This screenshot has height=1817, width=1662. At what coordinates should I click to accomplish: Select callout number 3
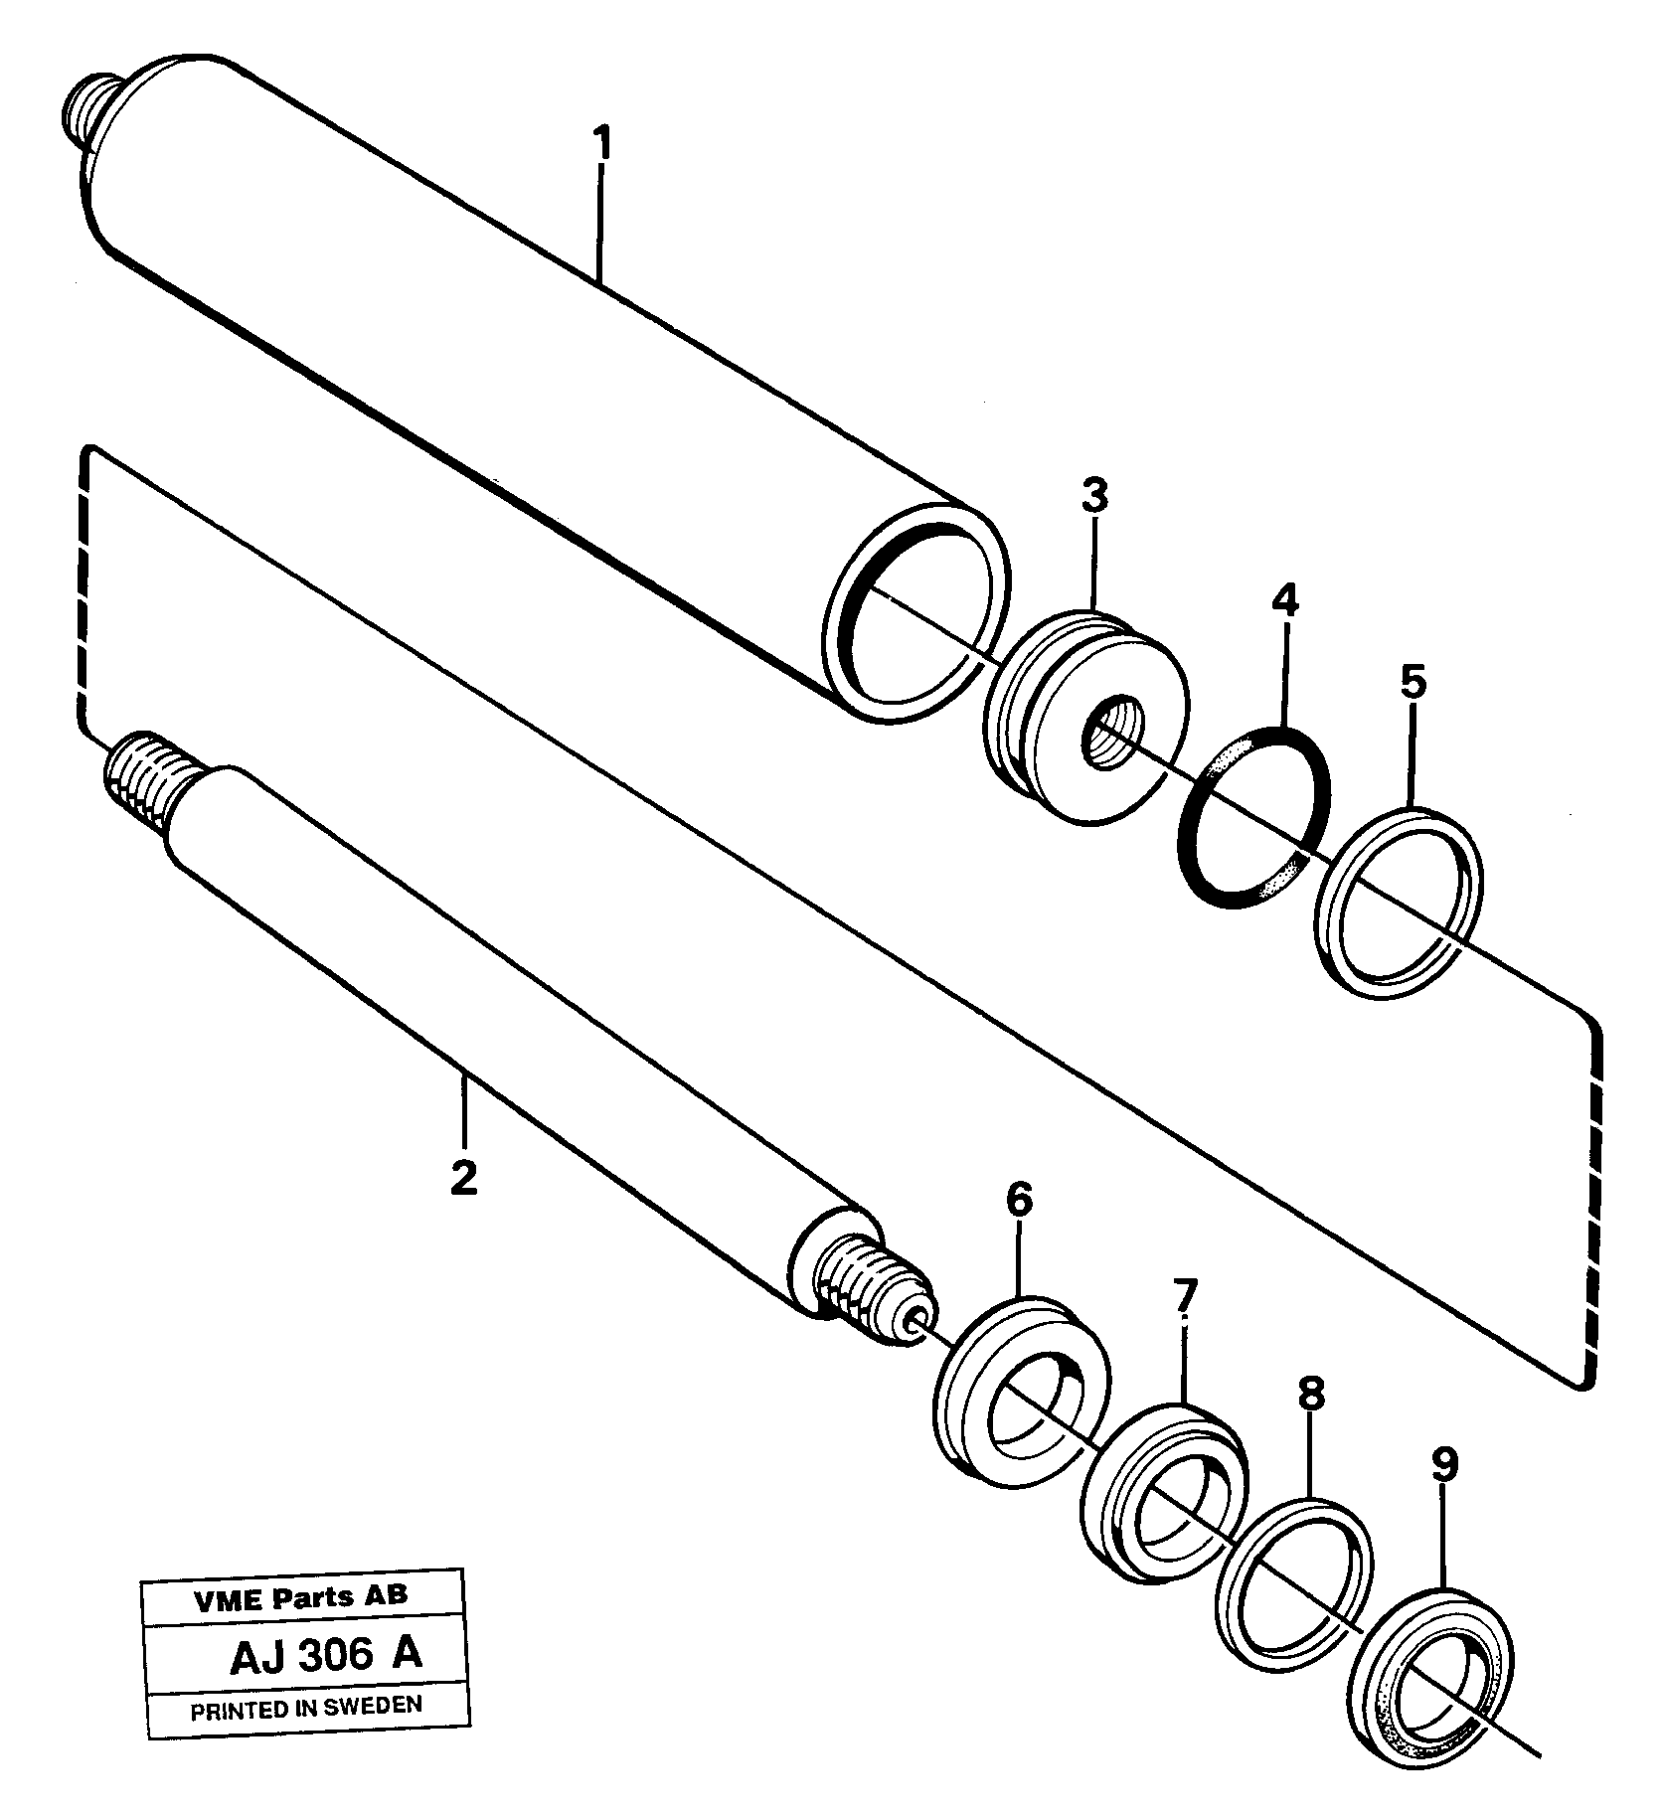click(x=1093, y=495)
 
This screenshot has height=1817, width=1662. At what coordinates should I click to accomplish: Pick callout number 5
click(x=1412, y=682)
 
